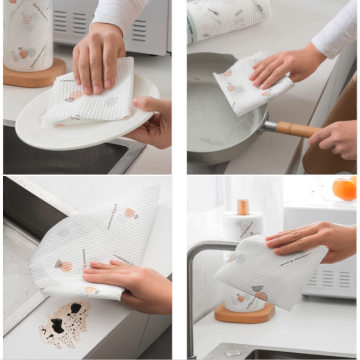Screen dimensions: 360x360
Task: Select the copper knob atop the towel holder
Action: [244, 207]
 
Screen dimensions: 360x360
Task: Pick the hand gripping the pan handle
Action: [336, 138]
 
